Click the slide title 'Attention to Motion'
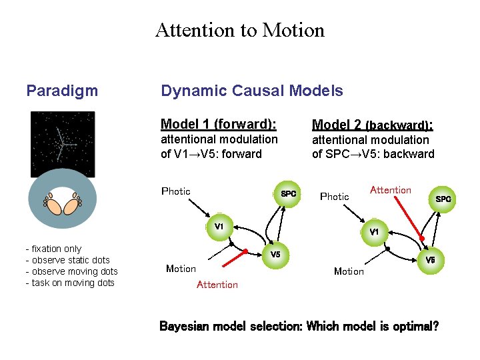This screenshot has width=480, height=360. tap(239, 30)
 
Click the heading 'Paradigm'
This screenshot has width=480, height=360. tap(62, 91)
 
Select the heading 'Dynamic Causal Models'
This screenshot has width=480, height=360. tap(252, 91)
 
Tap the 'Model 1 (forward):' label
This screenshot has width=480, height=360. tap(219, 124)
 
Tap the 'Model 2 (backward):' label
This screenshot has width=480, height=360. tap(373, 125)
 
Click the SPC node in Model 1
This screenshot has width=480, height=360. tap(287, 194)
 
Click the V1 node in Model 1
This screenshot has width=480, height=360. tap(218, 227)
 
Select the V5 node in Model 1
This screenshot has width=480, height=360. tap(275, 255)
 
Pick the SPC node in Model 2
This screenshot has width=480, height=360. tap(443, 199)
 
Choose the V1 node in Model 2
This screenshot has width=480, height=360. tap(374, 232)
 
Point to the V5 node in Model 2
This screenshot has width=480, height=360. tap(431, 260)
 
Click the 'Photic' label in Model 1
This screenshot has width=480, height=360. tap(176, 191)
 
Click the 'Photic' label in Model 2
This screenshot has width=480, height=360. tap(335, 197)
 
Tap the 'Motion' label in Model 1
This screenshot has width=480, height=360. tap(181, 269)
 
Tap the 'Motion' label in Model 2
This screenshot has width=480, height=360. tap(349, 271)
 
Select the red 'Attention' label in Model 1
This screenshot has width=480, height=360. tap(217, 285)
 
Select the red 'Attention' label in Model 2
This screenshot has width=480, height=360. tap(391, 190)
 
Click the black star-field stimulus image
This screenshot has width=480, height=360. tap(63, 143)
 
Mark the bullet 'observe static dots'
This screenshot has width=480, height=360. tap(70, 260)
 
